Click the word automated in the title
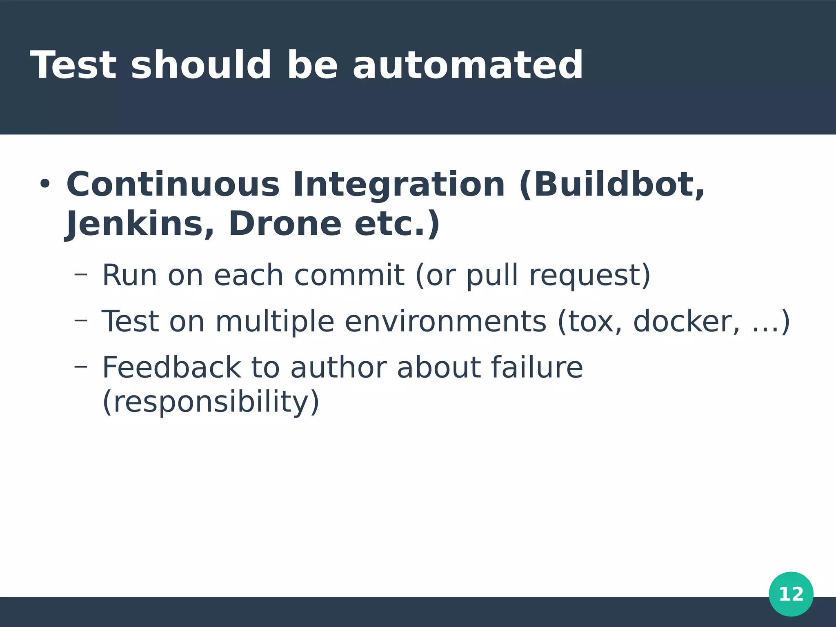click(x=468, y=65)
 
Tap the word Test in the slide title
click(x=73, y=65)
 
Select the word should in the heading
click(x=201, y=65)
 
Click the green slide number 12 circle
click(x=791, y=594)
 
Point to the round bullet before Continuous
click(x=44, y=185)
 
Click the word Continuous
click(x=173, y=185)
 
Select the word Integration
click(x=399, y=185)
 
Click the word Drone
click(x=285, y=224)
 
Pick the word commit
click(x=349, y=275)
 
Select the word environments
click(x=445, y=322)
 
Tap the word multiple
click(x=275, y=322)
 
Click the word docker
click(x=686, y=322)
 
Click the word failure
click(x=536, y=367)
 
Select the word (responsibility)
click(x=211, y=402)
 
